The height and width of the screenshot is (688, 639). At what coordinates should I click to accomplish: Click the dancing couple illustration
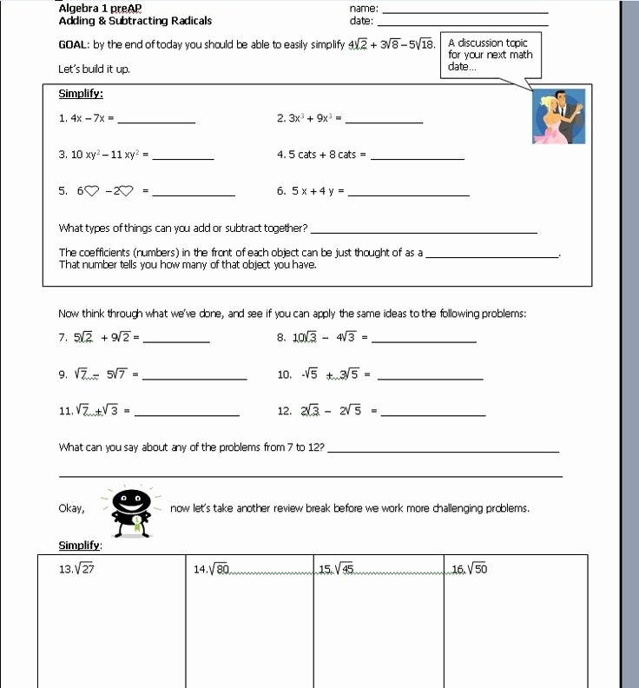click(559, 116)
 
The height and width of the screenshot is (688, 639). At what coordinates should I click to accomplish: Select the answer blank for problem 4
click(417, 157)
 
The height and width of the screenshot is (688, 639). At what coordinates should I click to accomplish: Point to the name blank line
click(464, 10)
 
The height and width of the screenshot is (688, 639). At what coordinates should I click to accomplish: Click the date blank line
click(464, 23)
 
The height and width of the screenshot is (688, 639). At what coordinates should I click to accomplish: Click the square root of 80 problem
click(213, 570)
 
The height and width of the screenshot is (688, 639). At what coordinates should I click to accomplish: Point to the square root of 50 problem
click(470, 570)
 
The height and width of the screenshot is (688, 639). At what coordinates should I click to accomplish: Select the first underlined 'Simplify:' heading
click(81, 94)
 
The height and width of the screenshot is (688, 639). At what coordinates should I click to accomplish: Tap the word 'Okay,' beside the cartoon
click(71, 509)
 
